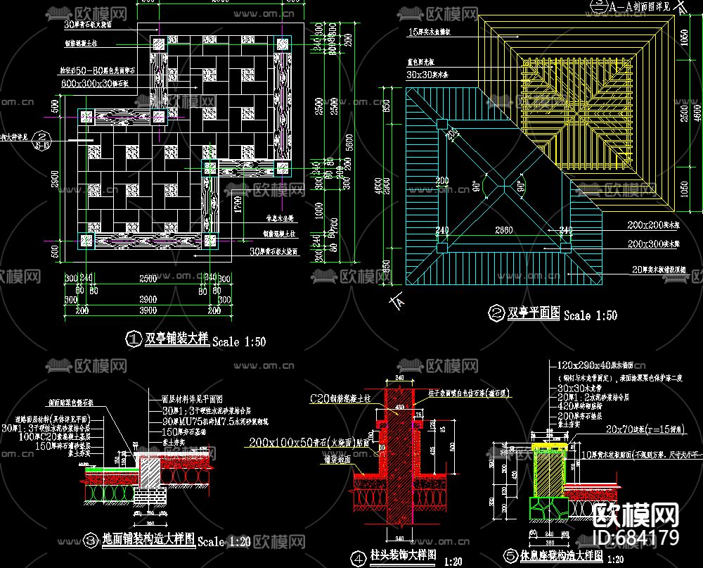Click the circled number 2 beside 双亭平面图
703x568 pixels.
(x=496, y=313)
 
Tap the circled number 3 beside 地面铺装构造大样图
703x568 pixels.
(x=91, y=541)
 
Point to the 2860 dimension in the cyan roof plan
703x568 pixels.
(x=504, y=230)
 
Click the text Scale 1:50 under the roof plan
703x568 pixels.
(x=591, y=315)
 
